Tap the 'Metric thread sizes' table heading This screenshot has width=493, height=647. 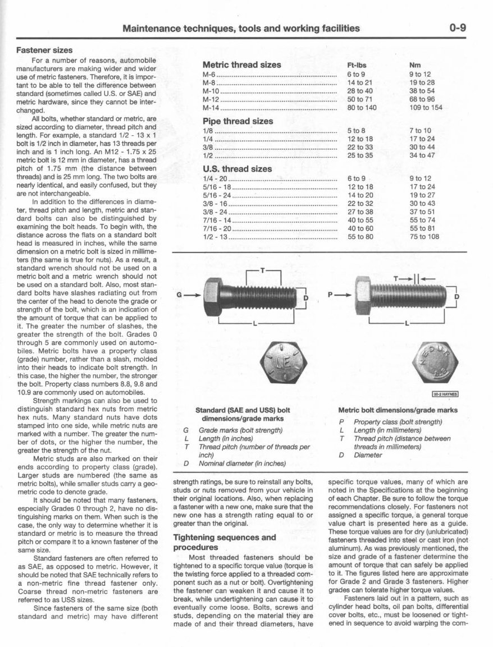pos(241,65)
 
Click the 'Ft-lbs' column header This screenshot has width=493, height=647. pos(357,65)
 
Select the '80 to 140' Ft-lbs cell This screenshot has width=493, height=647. pos(362,108)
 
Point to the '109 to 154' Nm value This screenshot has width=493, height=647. pos(426,108)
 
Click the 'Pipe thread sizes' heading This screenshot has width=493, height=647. pos(238,121)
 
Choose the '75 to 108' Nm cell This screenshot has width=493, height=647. pos(424,236)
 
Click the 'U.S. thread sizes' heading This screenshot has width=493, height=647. pos(237,168)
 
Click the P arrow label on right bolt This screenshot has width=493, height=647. pos(331,293)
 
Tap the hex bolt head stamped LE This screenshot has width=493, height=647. pos(281,365)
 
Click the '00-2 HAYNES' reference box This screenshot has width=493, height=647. pos(445,394)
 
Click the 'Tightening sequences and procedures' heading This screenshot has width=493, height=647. pos(225,542)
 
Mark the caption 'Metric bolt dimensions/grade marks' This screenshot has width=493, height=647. pos(398,410)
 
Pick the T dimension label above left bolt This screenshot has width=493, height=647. pos(263,270)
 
